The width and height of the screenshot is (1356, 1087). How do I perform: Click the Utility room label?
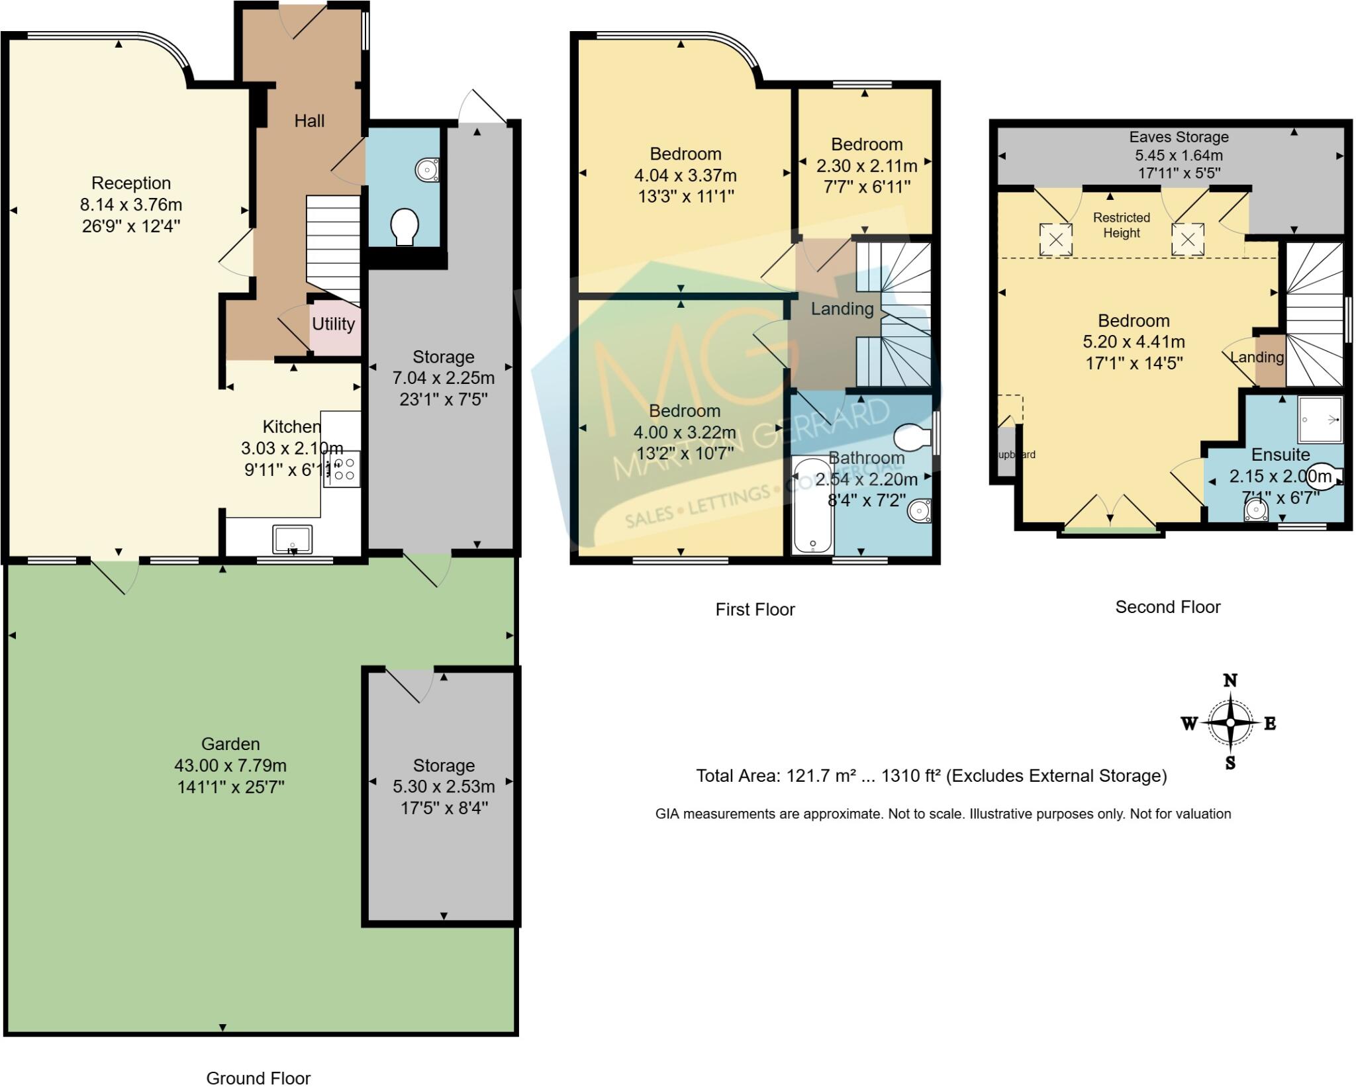tap(333, 324)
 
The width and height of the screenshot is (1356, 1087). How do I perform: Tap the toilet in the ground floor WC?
tap(404, 226)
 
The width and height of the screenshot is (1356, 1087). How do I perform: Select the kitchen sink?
tap(292, 539)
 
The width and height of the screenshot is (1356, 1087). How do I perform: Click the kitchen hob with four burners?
tap(342, 469)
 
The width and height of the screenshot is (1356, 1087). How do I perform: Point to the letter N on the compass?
tap(1230, 681)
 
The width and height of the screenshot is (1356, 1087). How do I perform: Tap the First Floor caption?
tap(755, 609)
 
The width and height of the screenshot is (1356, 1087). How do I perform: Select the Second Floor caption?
tap(1167, 606)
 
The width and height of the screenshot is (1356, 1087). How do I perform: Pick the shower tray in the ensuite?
tap(1320, 419)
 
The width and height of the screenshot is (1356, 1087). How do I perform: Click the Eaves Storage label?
tap(1179, 137)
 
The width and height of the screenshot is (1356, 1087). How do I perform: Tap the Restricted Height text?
tap(1121, 225)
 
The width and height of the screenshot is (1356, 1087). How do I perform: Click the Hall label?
tap(309, 120)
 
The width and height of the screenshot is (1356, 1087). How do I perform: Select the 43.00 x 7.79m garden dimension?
tap(230, 765)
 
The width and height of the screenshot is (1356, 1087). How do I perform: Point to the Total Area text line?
tap(931, 776)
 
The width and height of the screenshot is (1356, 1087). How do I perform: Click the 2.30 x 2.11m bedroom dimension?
tap(867, 165)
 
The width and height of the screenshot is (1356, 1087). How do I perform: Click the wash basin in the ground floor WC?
tap(427, 170)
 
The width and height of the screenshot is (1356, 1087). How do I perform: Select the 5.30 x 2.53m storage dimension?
tap(444, 786)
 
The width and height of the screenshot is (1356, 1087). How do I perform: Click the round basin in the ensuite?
tap(1255, 510)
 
